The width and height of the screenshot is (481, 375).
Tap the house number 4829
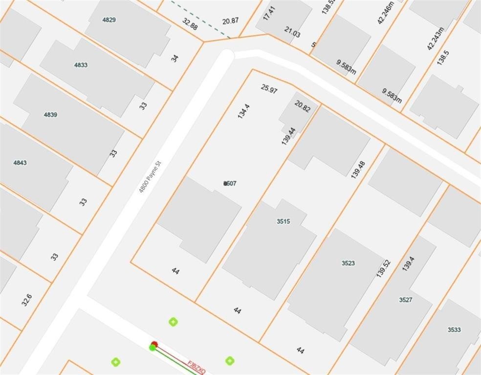(x=109, y=20)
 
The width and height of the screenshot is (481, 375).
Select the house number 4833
(x=81, y=65)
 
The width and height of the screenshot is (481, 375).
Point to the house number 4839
(x=50, y=115)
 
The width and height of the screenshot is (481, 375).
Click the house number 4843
(x=20, y=163)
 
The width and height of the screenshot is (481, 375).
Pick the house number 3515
(x=283, y=221)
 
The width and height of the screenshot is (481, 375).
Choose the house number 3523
(x=348, y=263)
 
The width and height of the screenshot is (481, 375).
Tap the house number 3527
(x=405, y=300)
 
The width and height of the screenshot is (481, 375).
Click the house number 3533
(x=454, y=330)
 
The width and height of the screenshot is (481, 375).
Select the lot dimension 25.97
(x=269, y=89)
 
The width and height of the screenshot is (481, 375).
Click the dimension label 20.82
(x=303, y=106)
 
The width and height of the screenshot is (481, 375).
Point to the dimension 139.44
(x=288, y=136)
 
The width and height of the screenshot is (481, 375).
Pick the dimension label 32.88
(x=190, y=24)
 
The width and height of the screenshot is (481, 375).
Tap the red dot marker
(x=154, y=344)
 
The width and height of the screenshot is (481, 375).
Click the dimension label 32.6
(x=26, y=299)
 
